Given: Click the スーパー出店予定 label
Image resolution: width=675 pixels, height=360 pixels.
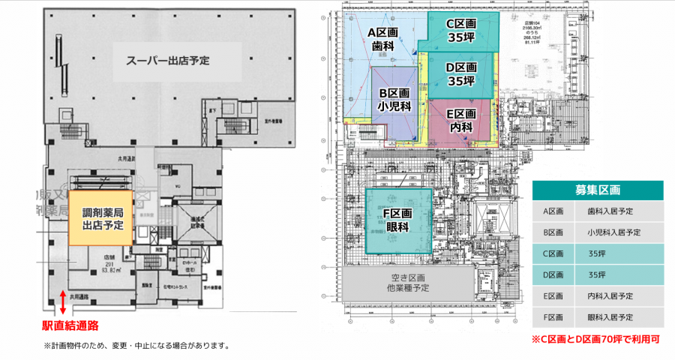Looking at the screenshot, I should click(167, 59).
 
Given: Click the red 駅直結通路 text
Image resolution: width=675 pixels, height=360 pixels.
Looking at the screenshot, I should click(71, 326).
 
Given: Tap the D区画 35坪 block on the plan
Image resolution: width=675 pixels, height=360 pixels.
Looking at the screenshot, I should click(460, 73).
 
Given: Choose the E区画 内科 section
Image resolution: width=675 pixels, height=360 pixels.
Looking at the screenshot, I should click(460, 120).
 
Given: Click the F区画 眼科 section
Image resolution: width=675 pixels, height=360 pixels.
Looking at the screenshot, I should click(398, 220).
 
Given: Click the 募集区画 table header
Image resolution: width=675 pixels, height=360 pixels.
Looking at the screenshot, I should click(597, 190).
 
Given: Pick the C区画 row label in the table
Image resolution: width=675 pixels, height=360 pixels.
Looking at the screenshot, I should click(553, 253).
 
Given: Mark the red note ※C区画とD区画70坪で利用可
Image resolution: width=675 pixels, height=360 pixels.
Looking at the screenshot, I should click(595, 339).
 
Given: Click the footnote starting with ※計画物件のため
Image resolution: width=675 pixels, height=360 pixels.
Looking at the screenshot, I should click(136, 346).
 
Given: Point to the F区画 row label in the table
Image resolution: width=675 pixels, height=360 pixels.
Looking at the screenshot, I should click(553, 317).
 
